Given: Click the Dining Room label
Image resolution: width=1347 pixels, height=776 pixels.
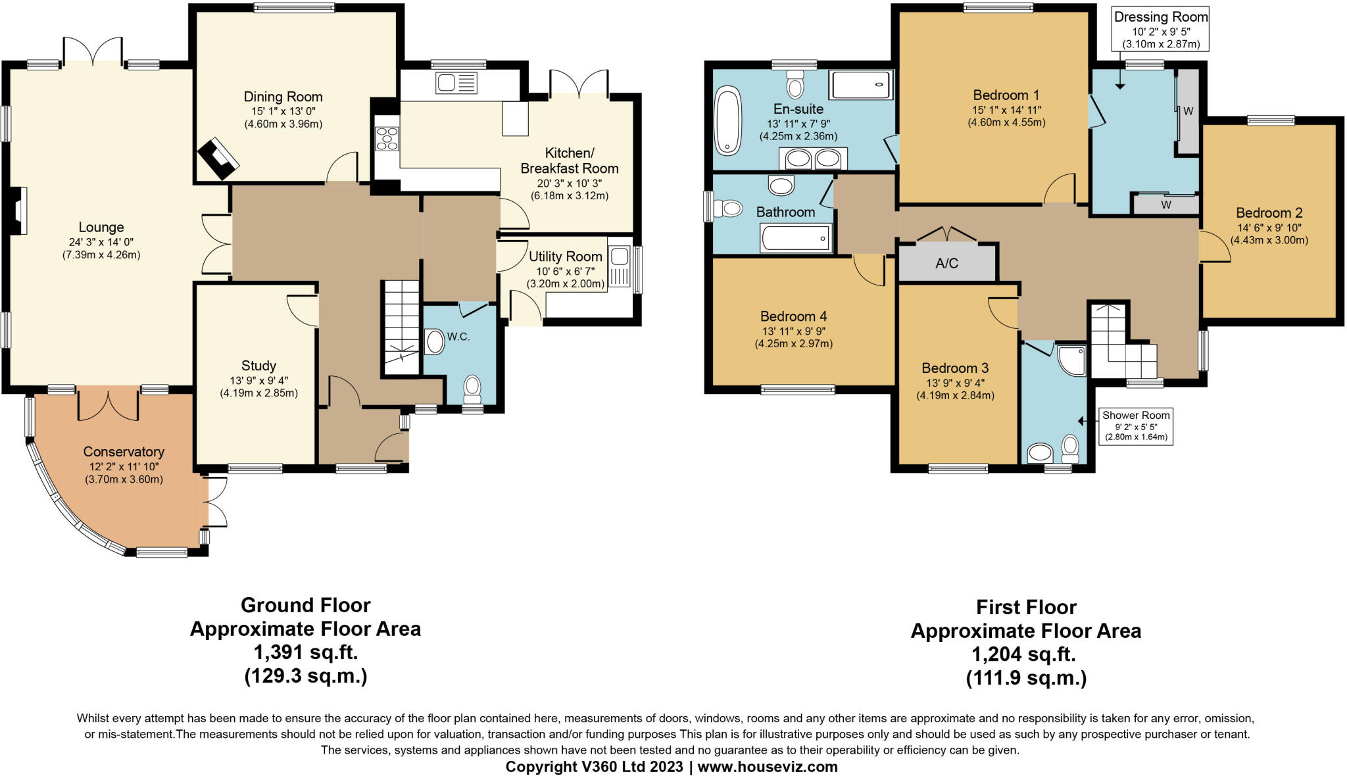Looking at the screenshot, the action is pos(283,97).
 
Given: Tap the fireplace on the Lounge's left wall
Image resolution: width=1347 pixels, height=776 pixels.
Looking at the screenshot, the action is pos(20,210).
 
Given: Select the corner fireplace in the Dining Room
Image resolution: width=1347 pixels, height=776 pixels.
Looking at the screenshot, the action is pos(218,158).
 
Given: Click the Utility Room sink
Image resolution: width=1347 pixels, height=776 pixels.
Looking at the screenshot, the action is pos(620,266).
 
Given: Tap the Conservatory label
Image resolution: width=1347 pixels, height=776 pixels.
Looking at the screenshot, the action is pos(124,452).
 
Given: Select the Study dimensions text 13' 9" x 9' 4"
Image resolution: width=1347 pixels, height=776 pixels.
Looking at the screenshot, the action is pos(258,381).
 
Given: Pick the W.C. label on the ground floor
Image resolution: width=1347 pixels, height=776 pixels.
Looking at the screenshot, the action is pos(458,337).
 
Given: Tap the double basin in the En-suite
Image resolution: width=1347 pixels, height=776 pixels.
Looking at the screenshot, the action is pos(813,158).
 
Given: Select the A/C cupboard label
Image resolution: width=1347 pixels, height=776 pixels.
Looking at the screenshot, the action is pos(946,263).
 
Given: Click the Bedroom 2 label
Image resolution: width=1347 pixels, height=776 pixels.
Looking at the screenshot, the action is pos(1269,212).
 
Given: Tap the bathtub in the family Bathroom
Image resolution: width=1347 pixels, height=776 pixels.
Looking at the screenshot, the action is pos(796,238).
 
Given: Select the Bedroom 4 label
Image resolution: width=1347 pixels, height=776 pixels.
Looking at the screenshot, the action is pos(793,316).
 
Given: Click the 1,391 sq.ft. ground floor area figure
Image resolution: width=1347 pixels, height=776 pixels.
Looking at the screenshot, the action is pos(306,652).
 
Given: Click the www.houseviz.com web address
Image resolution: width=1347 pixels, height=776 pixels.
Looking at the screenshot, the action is pos(768,767).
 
